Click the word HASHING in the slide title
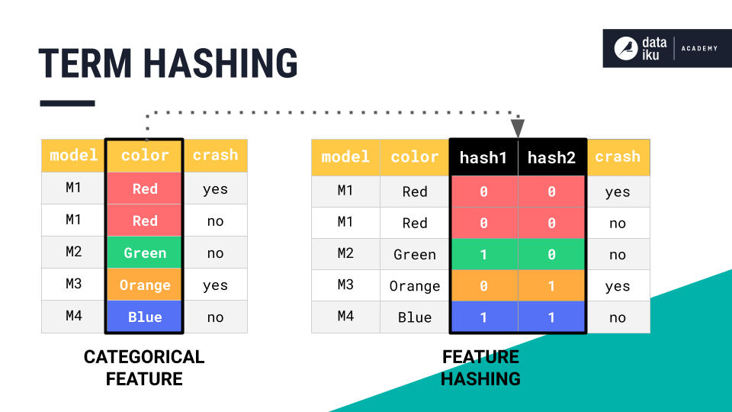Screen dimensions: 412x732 [221, 63]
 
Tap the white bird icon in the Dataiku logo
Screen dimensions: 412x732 [626, 48]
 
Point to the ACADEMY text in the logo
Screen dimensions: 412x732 [699, 49]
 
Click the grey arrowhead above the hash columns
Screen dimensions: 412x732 [518, 127]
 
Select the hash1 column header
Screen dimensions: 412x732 [483, 157]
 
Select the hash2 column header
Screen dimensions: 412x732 [551, 157]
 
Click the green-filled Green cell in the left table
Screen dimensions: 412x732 [145, 253]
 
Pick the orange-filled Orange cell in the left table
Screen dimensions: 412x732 [145, 285]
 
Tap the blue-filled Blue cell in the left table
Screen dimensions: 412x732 [145, 317]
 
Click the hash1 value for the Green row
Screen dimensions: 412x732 [483, 255]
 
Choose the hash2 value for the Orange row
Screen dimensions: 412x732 [551, 286]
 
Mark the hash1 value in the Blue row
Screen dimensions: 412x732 [483, 317]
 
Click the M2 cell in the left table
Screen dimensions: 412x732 [73, 253]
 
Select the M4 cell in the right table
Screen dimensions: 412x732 [345, 317]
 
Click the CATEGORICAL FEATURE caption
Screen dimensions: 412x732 [144, 368]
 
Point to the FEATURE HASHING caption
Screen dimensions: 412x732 [480, 368]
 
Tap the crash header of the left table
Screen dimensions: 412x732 [215, 155]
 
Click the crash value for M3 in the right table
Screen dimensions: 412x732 [618, 286]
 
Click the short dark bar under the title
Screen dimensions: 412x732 [67, 103]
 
